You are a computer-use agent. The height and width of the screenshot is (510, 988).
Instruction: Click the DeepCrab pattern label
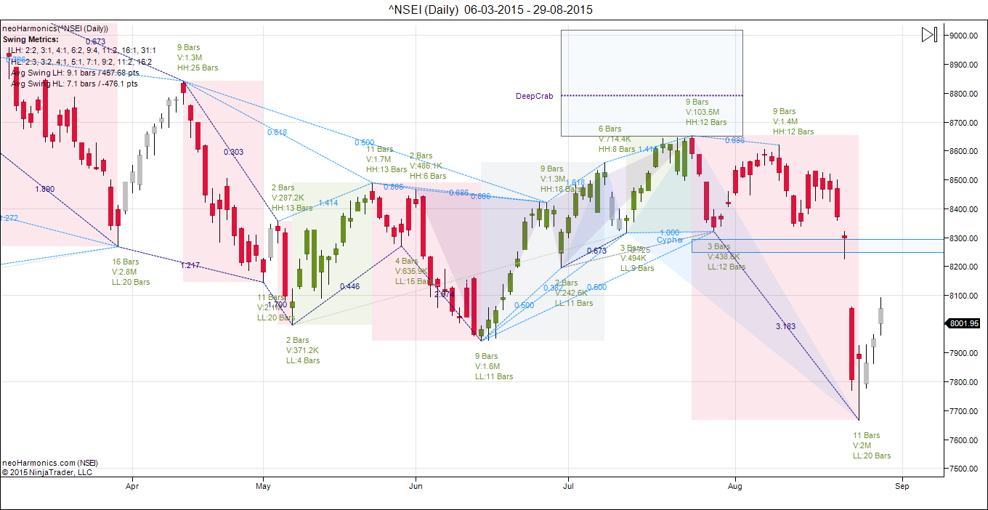(535, 96)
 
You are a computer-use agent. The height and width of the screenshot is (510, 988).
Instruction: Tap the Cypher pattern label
(670, 240)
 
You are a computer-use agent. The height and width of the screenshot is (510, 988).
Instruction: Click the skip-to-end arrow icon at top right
(929, 34)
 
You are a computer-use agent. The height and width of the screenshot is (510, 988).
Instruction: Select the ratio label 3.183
(785, 326)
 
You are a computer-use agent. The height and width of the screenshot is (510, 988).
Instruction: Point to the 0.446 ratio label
(349, 286)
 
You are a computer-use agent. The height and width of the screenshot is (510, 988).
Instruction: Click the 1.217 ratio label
(190, 265)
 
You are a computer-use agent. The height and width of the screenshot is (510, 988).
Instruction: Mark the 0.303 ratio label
(233, 152)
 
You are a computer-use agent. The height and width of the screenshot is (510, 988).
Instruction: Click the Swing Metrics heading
(31, 39)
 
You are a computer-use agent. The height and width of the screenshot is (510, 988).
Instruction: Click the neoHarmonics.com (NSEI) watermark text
(50, 463)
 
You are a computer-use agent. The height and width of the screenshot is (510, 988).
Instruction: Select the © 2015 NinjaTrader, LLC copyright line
(47, 472)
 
